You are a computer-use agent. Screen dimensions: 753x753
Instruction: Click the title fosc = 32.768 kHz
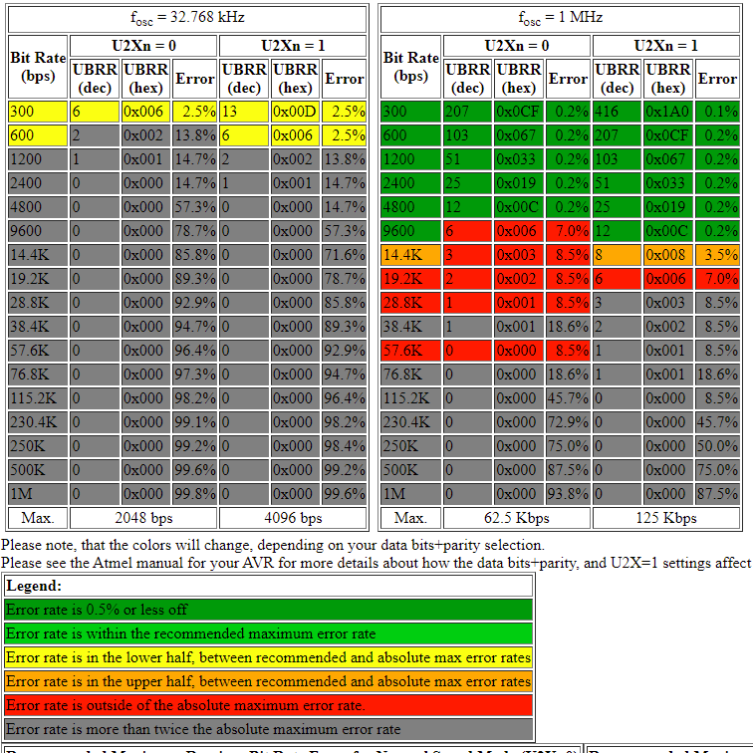click(x=187, y=18)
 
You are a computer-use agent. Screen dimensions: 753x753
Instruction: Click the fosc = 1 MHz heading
click(x=560, y=18)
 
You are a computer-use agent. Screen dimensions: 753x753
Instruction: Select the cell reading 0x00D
click(x=294, y=112)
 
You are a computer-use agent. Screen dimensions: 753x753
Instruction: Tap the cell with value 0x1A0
click(x=667, y=112)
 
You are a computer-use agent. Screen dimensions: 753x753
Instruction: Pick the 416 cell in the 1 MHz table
click(x=618, y=112)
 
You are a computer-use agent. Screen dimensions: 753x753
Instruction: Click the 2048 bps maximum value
click(x=143, y=518)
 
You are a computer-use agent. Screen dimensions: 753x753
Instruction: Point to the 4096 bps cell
click(x=293, y=518)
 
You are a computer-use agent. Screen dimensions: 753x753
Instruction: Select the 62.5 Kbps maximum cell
click(x=517, y=518)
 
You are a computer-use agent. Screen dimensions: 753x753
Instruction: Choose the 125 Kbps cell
click(x=666, y=518)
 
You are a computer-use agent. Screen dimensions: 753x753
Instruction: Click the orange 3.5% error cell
click(x=717, y=255)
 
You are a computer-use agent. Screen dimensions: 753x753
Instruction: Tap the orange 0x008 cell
click(x=667, y=255)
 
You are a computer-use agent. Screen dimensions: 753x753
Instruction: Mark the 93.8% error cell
click(x=568, y=494)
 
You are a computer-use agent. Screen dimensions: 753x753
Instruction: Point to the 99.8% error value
click(x=195, y=494)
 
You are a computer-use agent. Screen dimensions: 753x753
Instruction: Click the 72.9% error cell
click(x=568, y=422)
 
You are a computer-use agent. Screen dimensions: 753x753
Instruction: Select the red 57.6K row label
click(x=410, y=351)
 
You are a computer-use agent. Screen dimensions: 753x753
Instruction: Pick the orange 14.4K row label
click(x=410, y=255)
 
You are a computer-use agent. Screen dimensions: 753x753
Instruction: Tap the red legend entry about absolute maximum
click(x=269, y=705)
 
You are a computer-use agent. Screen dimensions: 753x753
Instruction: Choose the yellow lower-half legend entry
click(x=269, y=657)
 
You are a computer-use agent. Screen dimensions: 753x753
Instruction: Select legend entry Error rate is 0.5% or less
click(x=269, y=610)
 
